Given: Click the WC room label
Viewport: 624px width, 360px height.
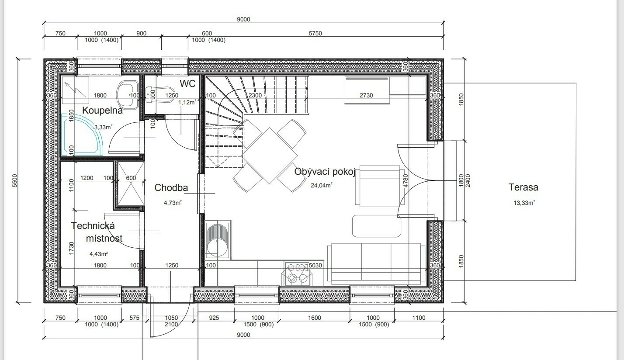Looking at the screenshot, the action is coord(187,83).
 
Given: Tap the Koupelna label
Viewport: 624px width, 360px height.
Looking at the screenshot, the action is coord(102,111).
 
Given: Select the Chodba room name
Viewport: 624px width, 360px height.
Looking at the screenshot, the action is coord(171,188).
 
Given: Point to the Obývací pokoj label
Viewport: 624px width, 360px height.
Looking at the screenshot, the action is coord(325,172).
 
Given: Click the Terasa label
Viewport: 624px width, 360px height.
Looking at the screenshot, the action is coord(523,187).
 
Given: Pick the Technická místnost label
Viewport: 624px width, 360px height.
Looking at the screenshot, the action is coord(97,232).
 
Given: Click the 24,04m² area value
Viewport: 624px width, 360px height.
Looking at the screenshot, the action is coord(322,185).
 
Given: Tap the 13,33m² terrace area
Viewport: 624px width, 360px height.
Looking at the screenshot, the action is coord(524,203).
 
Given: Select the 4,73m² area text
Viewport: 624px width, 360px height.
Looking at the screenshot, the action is coord(173,203).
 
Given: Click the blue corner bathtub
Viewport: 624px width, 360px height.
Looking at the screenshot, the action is coord(81,134).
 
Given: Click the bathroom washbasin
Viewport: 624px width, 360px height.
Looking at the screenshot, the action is coord(128,93).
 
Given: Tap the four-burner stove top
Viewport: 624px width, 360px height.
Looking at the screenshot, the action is coord(297,274).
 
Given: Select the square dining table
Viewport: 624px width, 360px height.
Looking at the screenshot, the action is coord(269,156).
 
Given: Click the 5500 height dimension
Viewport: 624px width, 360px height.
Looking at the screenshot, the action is coord(15,181).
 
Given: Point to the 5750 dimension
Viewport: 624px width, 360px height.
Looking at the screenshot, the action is coord(315,33).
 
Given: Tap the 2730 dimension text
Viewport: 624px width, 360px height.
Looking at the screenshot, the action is coord(366,96).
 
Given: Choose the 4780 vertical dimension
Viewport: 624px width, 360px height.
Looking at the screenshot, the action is coord(406,181).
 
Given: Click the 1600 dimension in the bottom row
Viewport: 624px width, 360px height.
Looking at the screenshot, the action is coord(315,318).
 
